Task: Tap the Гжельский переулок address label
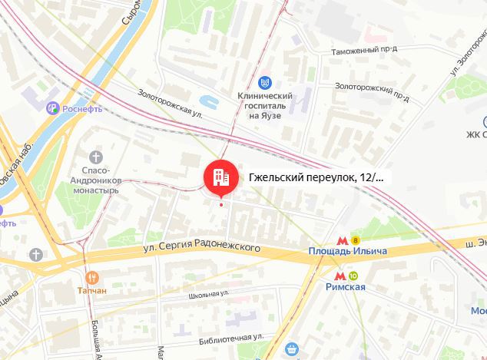click(316, 177)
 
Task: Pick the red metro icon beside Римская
click(338, 275)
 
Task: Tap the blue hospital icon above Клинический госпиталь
click(264, 82)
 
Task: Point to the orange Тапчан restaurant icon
click(92, 278)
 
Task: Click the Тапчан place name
click(91, 292)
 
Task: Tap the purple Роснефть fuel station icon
click(52, 108)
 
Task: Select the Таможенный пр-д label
click(364, 50)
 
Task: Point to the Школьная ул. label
click(209, 294)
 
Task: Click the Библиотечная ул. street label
click(230, 336)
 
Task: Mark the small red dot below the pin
click(221, 203)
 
